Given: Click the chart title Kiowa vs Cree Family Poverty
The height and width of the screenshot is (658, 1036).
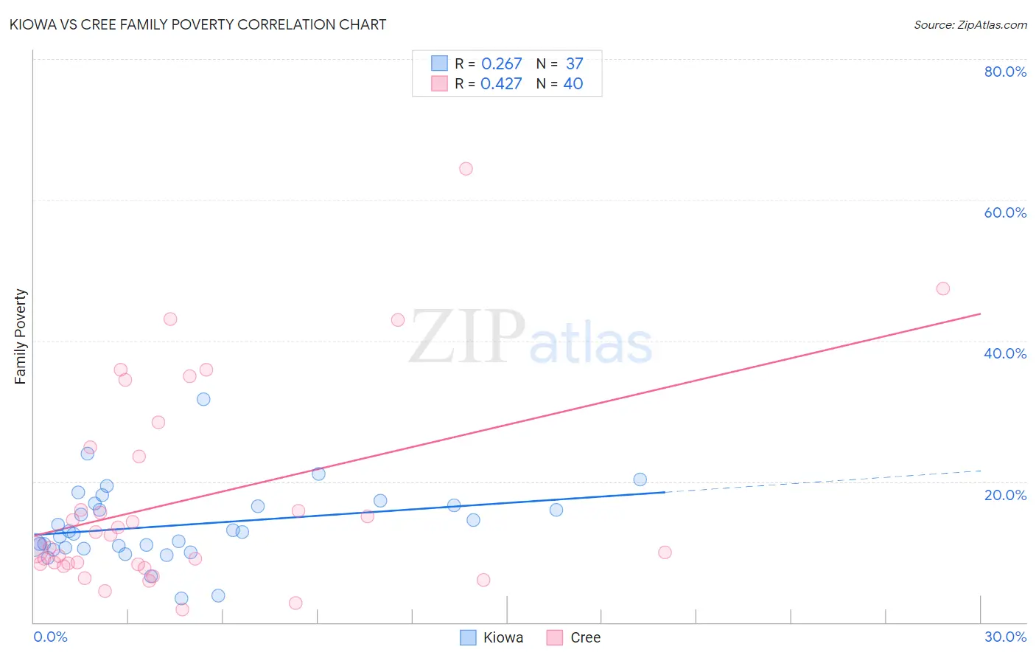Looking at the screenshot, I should pyautogui.click(x=197, y=24).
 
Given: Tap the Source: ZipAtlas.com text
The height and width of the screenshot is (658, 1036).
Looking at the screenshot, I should pyautogui.click(x=970, y=24).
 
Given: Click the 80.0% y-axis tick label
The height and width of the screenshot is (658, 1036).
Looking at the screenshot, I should pyautogui.click(x=1005, y=72).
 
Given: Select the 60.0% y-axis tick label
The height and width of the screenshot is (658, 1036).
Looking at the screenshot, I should pyautogui.click(x=1005, y=212).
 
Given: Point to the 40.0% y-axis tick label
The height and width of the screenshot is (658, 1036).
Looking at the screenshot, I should pyautogui.click(x=1005, y=353).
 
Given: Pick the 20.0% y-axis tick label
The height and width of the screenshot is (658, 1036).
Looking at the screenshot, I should pyautogui.click(x=1005, y=495).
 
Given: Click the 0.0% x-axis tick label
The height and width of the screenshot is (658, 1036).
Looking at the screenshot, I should pyautogui.click(x=50, y=637).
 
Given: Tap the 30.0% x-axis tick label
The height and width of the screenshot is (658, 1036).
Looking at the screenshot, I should pyautogui.click(x=1005, y=637).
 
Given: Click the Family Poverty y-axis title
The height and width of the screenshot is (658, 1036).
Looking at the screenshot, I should pyautogui.click(x=21, y=336).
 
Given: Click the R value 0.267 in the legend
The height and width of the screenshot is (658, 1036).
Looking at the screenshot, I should pyautogui.click(x=501, y=64).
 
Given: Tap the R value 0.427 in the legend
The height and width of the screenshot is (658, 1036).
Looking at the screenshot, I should pyautogui.click(x=501, y=84).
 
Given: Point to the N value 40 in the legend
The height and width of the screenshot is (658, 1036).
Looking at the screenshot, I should pyautogui.click(x=573, y=84).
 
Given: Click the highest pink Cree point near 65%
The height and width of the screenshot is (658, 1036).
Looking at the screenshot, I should pyautogui.click(x=466, y=169).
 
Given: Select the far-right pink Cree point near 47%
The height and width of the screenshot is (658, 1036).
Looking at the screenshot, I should pyautogui.click(x=942, y=288).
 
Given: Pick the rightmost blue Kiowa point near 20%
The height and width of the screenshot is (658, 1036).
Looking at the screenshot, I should pyautogui.click(x=640, y=479).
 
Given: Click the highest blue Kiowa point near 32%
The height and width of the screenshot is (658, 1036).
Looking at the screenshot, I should pyautogui.click(x=203, y=399).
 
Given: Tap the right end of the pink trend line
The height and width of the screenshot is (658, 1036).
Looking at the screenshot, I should pyautogui.click(x=980, y=314).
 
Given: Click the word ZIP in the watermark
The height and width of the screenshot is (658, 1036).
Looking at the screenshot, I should pyautogui.click(x=466, y=337).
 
